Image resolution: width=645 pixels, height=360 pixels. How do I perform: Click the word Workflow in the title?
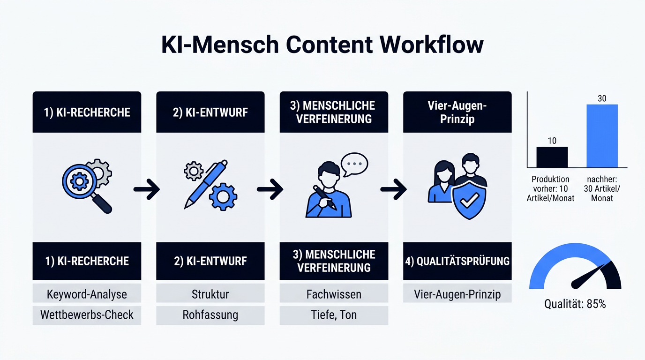click(431, 45)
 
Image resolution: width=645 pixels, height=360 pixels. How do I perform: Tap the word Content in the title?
click(330, 45)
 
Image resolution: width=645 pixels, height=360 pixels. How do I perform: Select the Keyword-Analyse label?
click(87, 294)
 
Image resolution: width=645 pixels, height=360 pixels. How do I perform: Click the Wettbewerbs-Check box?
click(87, 315)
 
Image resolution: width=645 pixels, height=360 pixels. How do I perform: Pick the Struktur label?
click(210, 294)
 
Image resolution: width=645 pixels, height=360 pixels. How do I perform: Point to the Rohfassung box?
click(210, 315)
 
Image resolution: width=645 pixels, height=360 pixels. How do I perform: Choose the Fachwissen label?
click(334, 294)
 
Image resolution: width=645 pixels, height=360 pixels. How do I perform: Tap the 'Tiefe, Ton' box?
click(334, 315)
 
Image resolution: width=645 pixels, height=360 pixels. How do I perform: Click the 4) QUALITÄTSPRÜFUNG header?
click(457, 261)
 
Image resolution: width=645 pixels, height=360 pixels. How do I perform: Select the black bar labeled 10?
click(552, 157)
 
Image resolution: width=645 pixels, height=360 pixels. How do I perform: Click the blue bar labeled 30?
click(602, 136)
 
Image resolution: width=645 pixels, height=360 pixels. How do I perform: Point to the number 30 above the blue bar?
click(602, 98)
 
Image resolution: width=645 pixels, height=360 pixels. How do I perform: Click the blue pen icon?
click(206, 184)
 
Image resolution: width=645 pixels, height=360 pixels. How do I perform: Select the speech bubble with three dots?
click(354, 165)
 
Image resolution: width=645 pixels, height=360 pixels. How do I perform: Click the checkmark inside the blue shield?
click(469, 201)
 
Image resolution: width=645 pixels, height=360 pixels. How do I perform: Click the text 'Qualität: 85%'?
click(575, 304)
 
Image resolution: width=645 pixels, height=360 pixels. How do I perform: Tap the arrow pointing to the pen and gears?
click(147, 189)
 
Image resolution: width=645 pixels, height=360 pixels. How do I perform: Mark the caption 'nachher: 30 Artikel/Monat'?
click(602, 188)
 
